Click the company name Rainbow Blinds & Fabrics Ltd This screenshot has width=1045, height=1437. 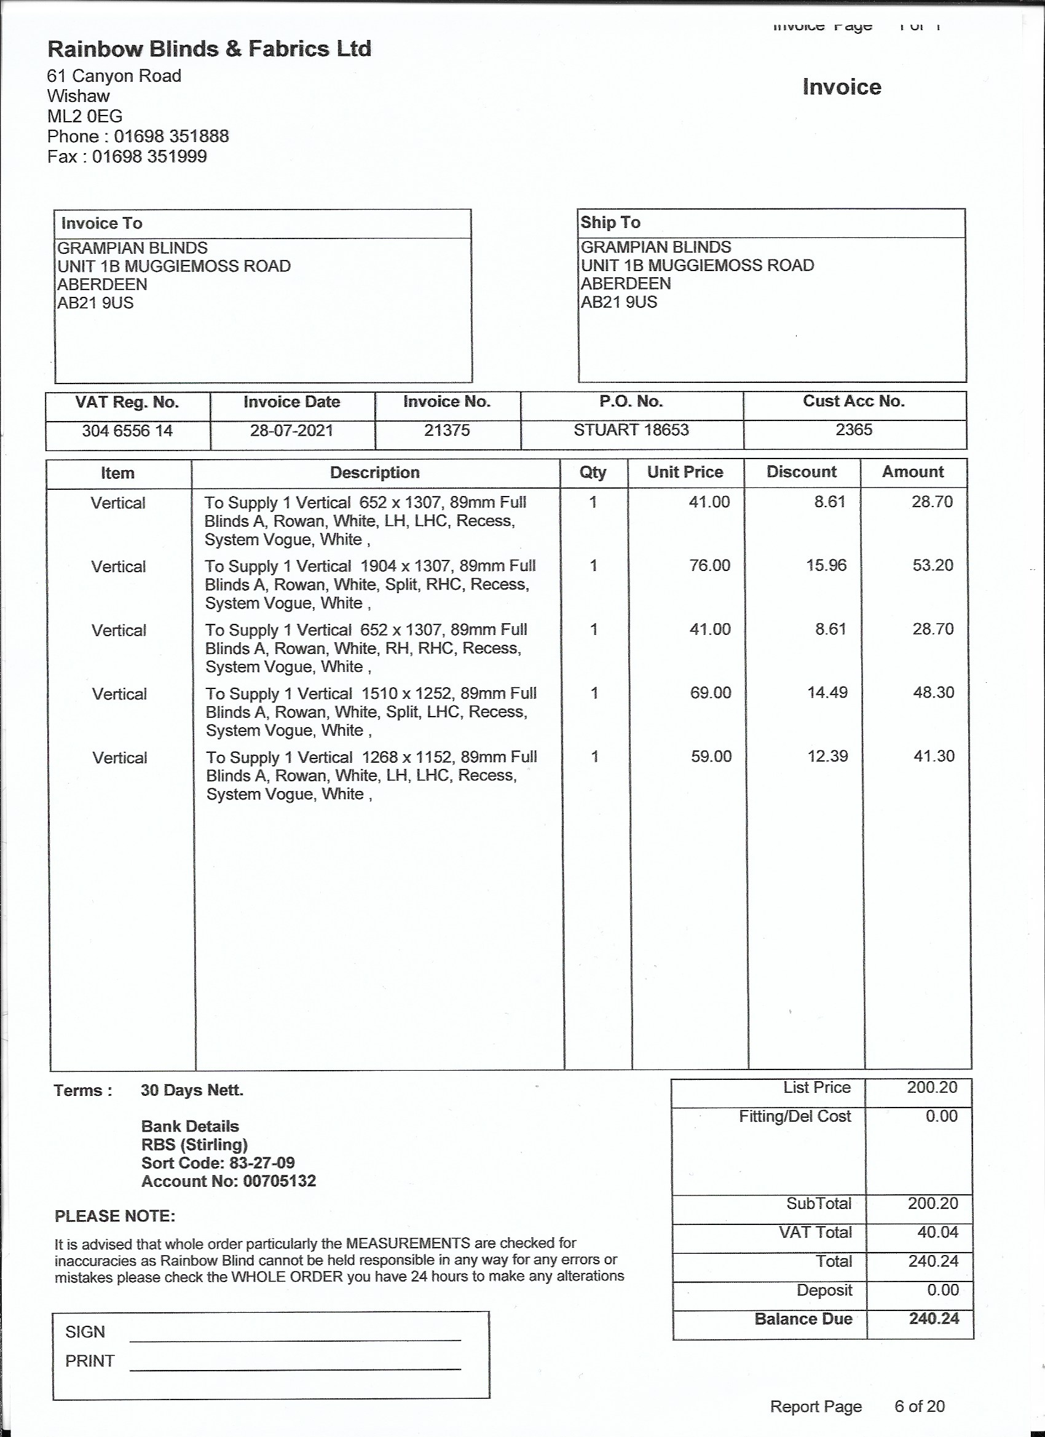coord(209,49)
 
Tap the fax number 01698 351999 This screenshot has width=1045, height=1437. coord(149,157)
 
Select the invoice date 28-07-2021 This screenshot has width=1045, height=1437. coord(291,431)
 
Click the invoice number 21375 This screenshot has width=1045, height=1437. coord(447,430)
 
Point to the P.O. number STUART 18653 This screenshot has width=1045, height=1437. coord(631,430)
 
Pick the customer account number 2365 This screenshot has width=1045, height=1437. coord(854,430)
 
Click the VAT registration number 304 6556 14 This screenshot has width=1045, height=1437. coord(127,431)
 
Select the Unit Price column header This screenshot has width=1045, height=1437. coord(685,472)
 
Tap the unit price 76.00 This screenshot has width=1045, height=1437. coord(710,565)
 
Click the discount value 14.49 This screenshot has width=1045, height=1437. coord(827,693)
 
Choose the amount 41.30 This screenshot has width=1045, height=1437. coord(934,756)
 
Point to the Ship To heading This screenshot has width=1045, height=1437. coord(610,222)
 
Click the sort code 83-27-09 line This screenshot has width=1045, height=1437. coord(218,1163)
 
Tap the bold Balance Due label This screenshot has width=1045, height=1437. coord(803,1318)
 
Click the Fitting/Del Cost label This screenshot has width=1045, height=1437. coord(795,1116)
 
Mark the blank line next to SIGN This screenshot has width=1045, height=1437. coord(294,1339)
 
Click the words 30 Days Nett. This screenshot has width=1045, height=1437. coord(192,1090)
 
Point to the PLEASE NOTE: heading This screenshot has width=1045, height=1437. coord(115,1216)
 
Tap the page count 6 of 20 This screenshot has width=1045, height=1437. coord(919,1406)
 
